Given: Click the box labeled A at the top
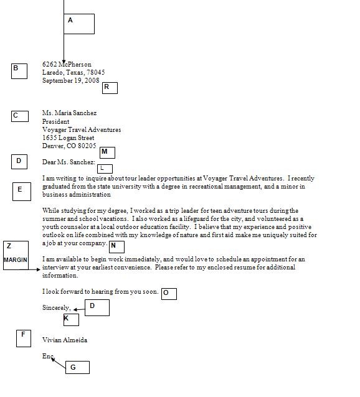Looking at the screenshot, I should coord(79,24).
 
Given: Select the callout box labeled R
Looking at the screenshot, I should coord(110,87).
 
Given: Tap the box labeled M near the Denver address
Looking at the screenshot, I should coord(107,152).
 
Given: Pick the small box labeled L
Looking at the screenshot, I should coord(105,168).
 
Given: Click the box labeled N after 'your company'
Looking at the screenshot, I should coord(116,246).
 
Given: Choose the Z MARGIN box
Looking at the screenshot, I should coord(16,255).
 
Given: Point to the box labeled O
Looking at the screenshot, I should coord(169,294).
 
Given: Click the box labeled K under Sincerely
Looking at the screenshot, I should coord(71,320).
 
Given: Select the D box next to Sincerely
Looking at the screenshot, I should coord(97,307).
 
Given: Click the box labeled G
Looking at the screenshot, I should coord(77,367).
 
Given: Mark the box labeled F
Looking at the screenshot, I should coord(24,338).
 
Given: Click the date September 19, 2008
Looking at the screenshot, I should coord(70,81).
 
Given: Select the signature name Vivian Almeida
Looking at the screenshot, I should coord(65,340).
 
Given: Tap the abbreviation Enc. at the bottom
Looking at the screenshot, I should coord(49,357).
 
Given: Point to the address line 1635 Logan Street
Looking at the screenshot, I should coord(68,138).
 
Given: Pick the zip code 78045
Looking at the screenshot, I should coord(96,73).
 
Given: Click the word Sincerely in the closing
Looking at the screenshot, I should coord(56,308).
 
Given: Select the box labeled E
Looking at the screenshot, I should coord(22,191).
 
